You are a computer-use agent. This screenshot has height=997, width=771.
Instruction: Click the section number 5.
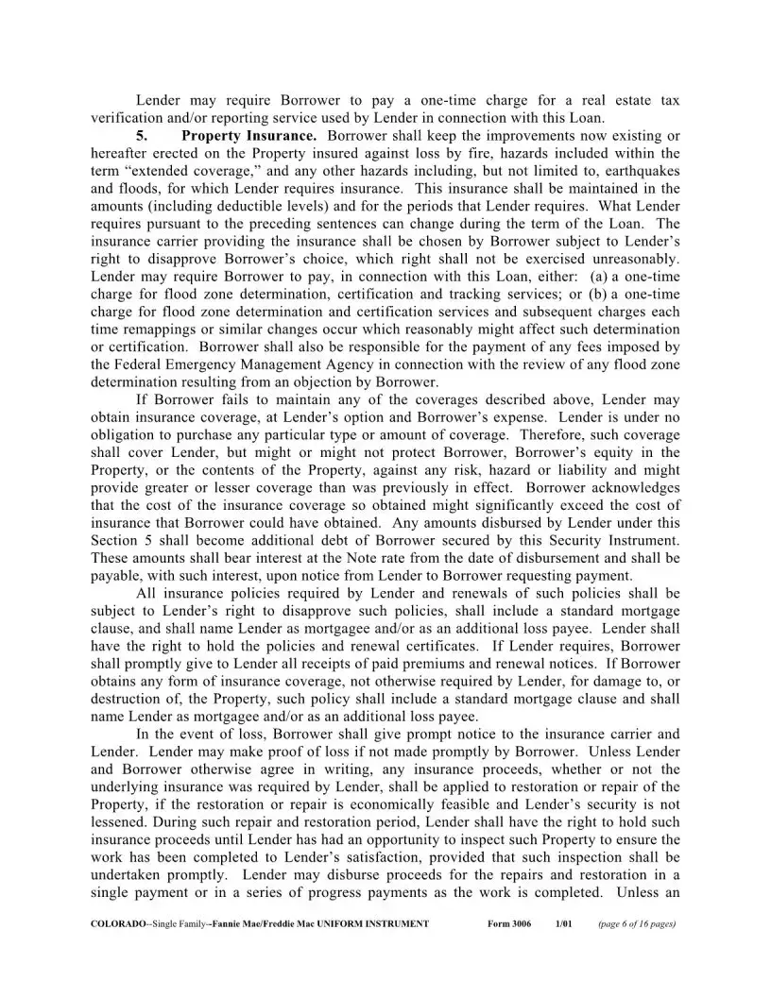click(x=143, y=136)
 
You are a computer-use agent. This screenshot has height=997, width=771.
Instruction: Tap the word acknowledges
click(x=627, y=488)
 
